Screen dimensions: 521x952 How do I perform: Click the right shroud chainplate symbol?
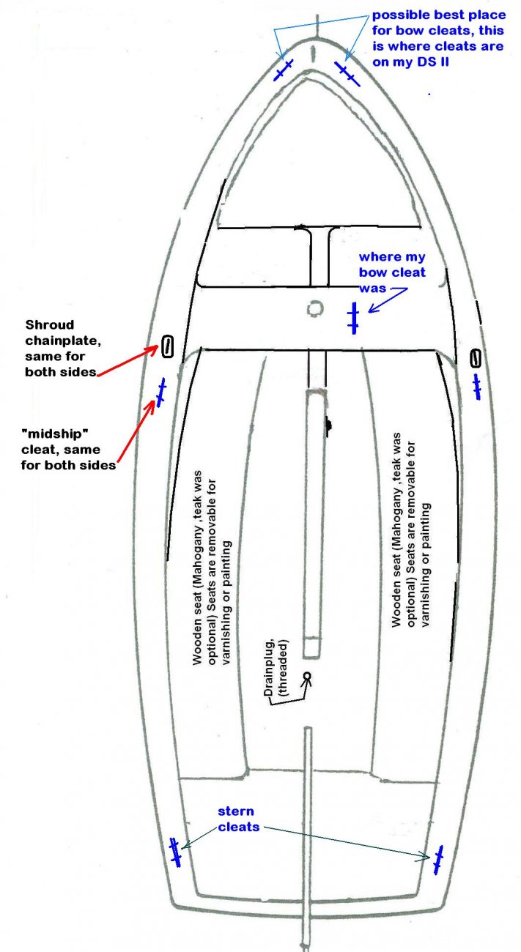click(x=476, y=358)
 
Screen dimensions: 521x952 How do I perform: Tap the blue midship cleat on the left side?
click(x=160, y=393)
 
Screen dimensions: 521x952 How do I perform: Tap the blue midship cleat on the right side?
click(x=477, y=387)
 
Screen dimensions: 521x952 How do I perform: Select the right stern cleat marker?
click(x=438, y=860)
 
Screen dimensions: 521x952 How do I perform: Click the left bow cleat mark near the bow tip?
click(x=284, y=70)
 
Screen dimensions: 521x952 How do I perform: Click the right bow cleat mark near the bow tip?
click(x=347, y=74)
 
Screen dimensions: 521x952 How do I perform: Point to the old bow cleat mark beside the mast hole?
click(x=353, y=318)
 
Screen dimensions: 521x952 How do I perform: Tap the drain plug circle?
click(x=306, y=676)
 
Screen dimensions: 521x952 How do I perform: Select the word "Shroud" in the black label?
click(x=49, y=324)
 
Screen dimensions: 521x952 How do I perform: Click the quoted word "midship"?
click(x=55, y=434)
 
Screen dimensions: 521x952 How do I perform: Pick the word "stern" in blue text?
click(x=236, y=811)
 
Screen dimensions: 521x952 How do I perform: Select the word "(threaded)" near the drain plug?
click(x=282, y=668)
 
